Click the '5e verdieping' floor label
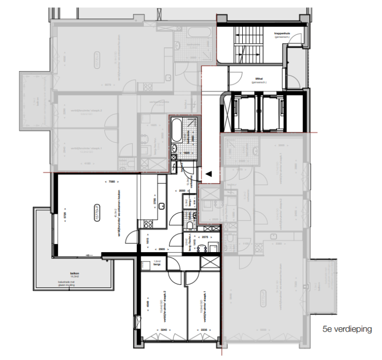347,329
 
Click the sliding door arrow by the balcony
89,255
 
